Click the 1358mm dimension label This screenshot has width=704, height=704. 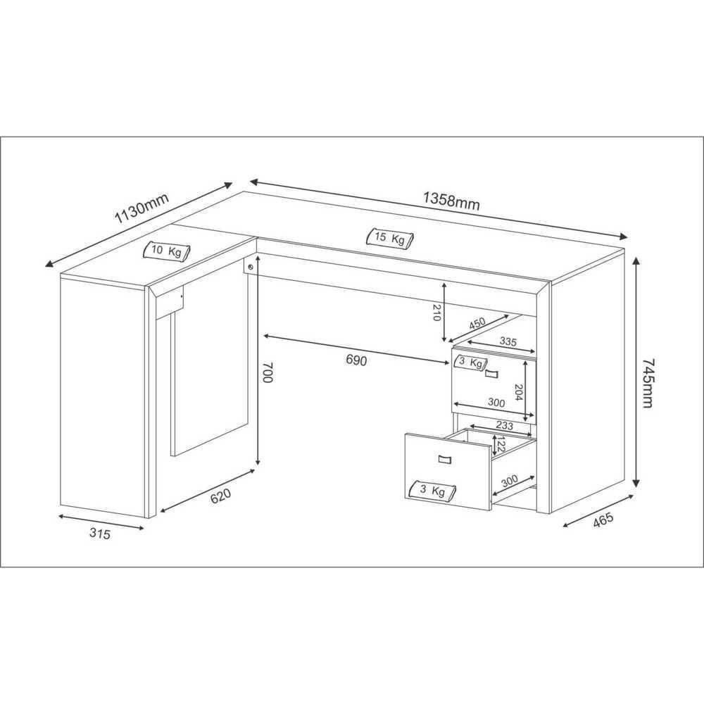point(451,201)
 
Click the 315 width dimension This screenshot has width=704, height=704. point(99,534)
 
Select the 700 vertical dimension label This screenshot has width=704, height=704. point(266,372)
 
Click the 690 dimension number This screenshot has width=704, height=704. point(356,360)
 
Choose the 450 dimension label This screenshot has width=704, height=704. point(477,325)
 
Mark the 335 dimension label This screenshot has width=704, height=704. point(508,342)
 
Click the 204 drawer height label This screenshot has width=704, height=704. point(519,392)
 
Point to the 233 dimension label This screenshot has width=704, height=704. point(503,426)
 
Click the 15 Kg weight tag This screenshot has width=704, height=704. point(389,238)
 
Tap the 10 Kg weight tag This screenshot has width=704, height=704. point(167,251)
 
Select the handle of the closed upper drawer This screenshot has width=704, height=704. point(491,372)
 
